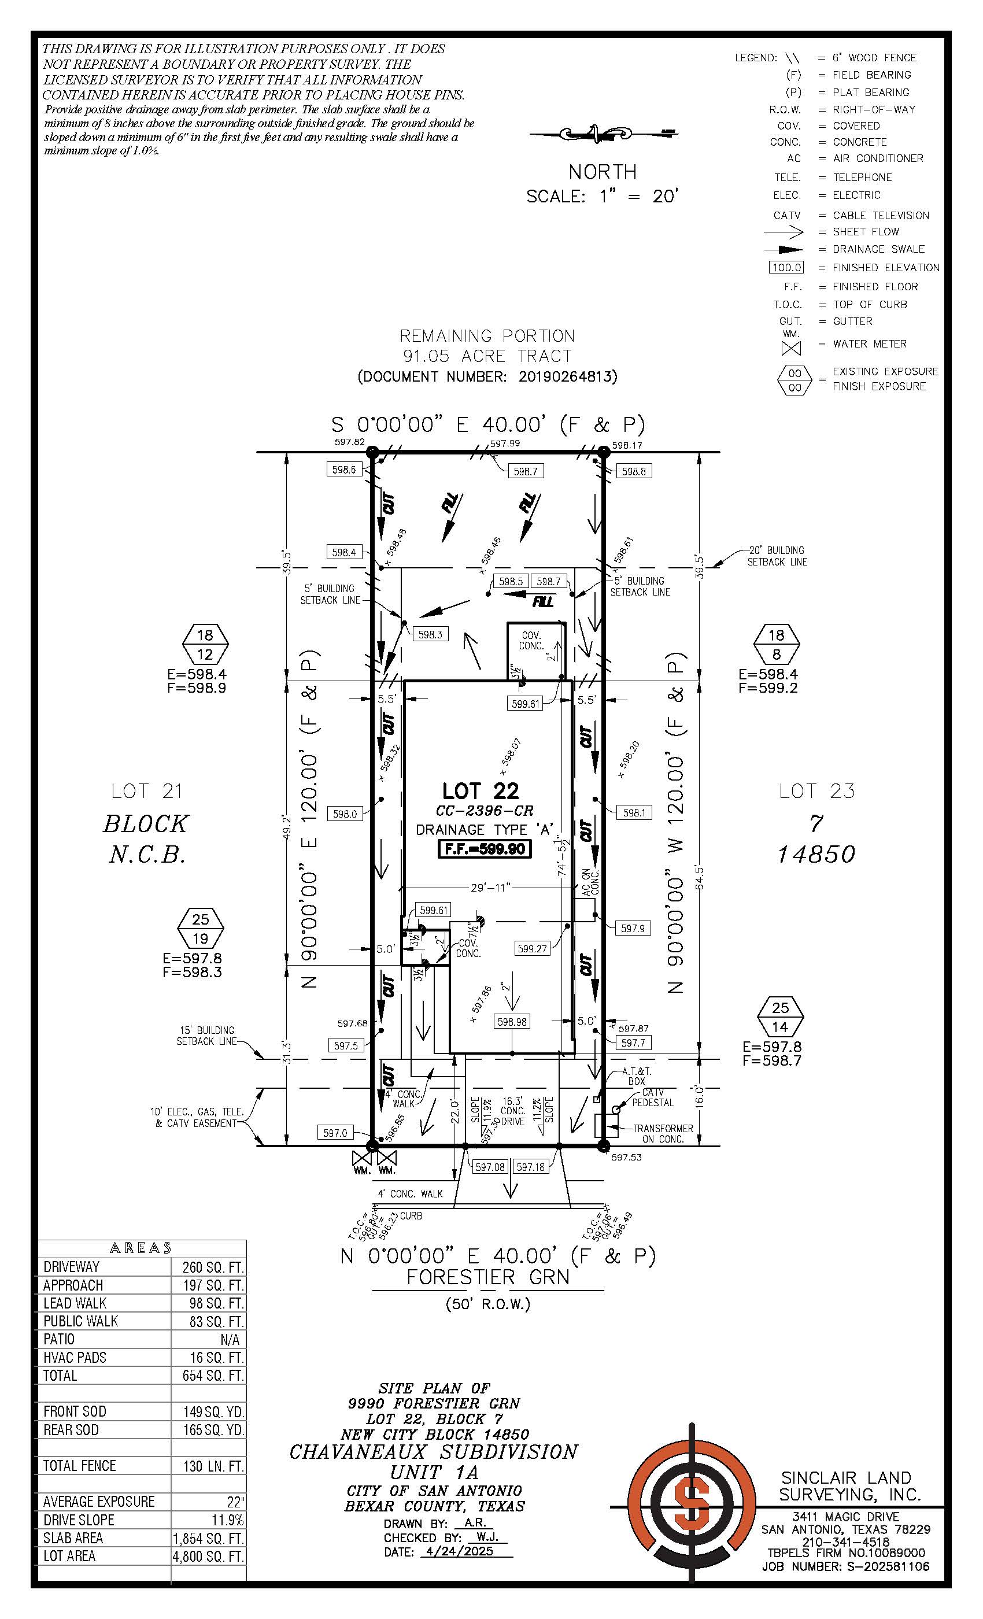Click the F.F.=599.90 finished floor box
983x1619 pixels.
coord(485,849)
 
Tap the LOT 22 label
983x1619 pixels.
coord(481,790)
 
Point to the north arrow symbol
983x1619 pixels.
coord(603,134)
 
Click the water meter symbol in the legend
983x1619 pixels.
coord(791,348)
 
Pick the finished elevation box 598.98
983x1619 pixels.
coord(512,1022)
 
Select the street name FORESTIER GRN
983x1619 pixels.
coord(487,1277)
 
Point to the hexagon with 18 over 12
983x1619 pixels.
coord(205,645)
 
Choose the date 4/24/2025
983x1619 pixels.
coord(468,1552)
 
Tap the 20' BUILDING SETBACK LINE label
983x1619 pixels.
coord(777,556)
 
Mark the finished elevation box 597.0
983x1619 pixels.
coord(335,1133)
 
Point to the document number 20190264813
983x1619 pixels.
coord(567,376)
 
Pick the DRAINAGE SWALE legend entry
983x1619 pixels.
coord(878,249)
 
